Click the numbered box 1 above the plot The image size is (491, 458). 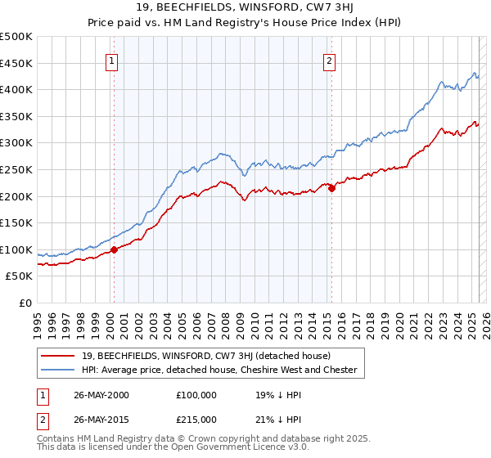pyautogui.click(x=110, y=60)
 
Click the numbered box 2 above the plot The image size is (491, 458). pyautogui.click(x=329, y=60)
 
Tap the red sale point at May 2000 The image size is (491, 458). pyautogui.click(x=115, y=249)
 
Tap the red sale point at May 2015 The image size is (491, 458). pyautogui.click(x=332, y=188)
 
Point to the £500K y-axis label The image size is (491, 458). pyautogui.click(x=16, y=37)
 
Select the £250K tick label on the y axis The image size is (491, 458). pyautogui.click(x=16, y=169)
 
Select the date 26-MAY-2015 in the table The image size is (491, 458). pyautogui.click(x=101, y=420)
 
